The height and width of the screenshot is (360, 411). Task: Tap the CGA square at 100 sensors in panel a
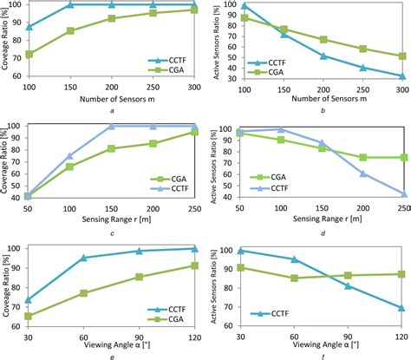point(30,54)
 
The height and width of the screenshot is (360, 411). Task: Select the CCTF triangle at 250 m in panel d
point(403,193)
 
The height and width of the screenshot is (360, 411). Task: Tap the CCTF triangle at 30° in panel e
point(30,300)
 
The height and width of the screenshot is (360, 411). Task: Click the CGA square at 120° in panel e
point(192,265)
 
